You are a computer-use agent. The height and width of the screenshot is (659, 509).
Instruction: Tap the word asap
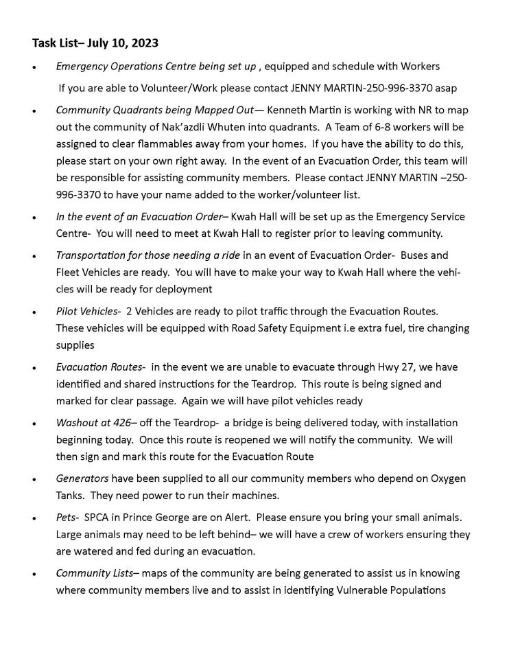[x=447, y=88]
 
